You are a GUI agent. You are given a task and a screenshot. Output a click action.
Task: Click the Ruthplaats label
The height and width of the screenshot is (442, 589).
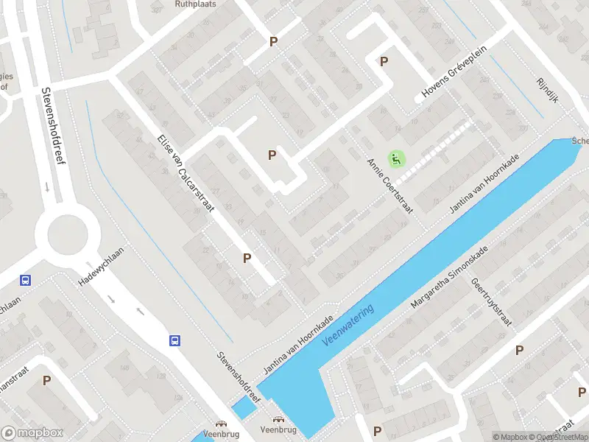coord(195,4)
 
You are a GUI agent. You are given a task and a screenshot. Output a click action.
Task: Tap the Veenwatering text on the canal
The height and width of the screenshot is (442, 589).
coord(348,327)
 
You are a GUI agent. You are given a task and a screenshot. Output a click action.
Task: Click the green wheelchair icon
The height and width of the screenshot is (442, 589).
coord(396,158)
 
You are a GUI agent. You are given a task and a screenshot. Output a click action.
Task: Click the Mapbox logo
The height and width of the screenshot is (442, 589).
coord(32,433)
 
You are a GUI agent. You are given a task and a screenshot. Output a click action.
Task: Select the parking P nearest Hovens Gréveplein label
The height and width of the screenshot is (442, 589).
coord(383,61)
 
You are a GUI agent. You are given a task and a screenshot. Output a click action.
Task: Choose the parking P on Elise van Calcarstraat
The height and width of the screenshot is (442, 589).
coord(247,258)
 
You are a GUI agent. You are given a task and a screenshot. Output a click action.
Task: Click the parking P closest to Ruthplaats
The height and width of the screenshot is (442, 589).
coord(274,42)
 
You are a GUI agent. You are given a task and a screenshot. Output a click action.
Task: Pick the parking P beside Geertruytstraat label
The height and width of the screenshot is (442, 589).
coord(519,350)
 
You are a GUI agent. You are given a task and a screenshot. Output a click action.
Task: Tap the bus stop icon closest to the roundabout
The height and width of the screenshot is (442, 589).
coord(25,280)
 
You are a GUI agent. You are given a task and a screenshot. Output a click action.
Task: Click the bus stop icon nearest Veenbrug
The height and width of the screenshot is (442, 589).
coord(175,340)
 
